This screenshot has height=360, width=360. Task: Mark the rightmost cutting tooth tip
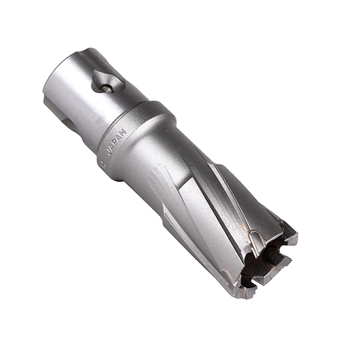click(x=292, y=239)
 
